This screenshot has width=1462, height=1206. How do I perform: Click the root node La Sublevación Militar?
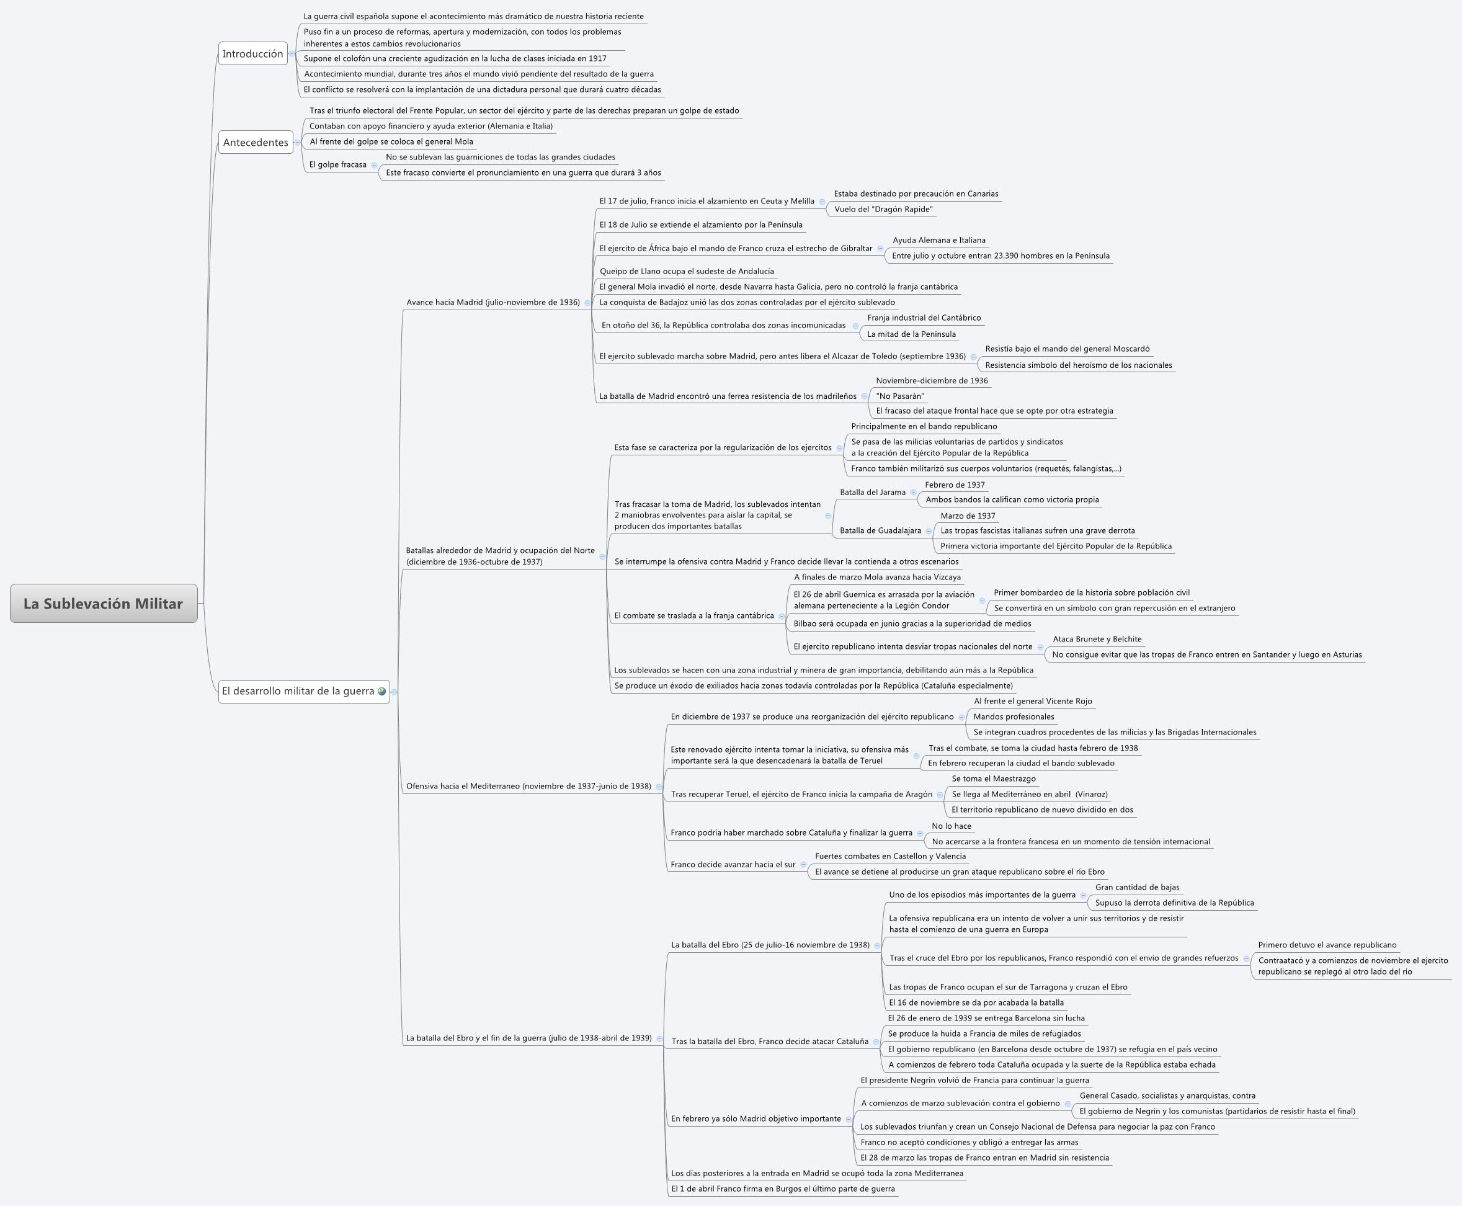pyautogui.click(x=104, y=603)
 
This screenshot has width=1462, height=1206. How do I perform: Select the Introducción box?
pyautogui.click(x=253, y=53)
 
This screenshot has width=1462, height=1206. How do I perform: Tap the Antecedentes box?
pyautogui.click(x=256, y=143)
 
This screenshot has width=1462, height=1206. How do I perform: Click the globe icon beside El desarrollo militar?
pyautogui.click(x=382, y=691)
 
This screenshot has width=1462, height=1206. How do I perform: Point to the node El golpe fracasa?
pyautogui.click(x=337, y=164)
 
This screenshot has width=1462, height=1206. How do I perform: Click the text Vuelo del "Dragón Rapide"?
pyautogui.click(x=883, y=209)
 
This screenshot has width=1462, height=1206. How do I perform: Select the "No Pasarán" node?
pyautogui.click(x=900, y=396)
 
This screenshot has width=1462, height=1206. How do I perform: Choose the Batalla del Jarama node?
pyautogui.click(x=872, y=492)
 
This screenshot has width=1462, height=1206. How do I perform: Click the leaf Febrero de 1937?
pyautogui.click(x=954, y=485)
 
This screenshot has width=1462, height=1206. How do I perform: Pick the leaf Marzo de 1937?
pyautogui.click(x=968, y=516)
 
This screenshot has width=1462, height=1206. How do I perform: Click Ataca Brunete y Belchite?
pyautogui.click(x=1097, y=639)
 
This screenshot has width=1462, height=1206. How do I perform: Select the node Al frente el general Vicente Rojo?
pyautogui.click(x=1032, y=701)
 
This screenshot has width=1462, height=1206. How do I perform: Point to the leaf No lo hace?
pyautogui.click(x=951, y=826)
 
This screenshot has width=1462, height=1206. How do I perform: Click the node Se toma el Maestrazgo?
pyautogui.click(x=993, y=779)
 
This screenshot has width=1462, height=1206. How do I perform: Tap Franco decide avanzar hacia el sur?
pyautogui.click(x=733, y=864)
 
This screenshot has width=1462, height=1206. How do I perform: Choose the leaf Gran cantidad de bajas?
pyautogui.click(x=1137, y=887)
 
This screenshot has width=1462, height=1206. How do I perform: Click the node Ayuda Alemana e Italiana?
pyautogui.click(x=939, y=240)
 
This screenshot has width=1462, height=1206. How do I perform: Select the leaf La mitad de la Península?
pyautogui.click(x=911, y=334)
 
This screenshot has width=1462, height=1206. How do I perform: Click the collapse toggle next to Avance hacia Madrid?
pyautogui.click(x=587, y=303)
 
